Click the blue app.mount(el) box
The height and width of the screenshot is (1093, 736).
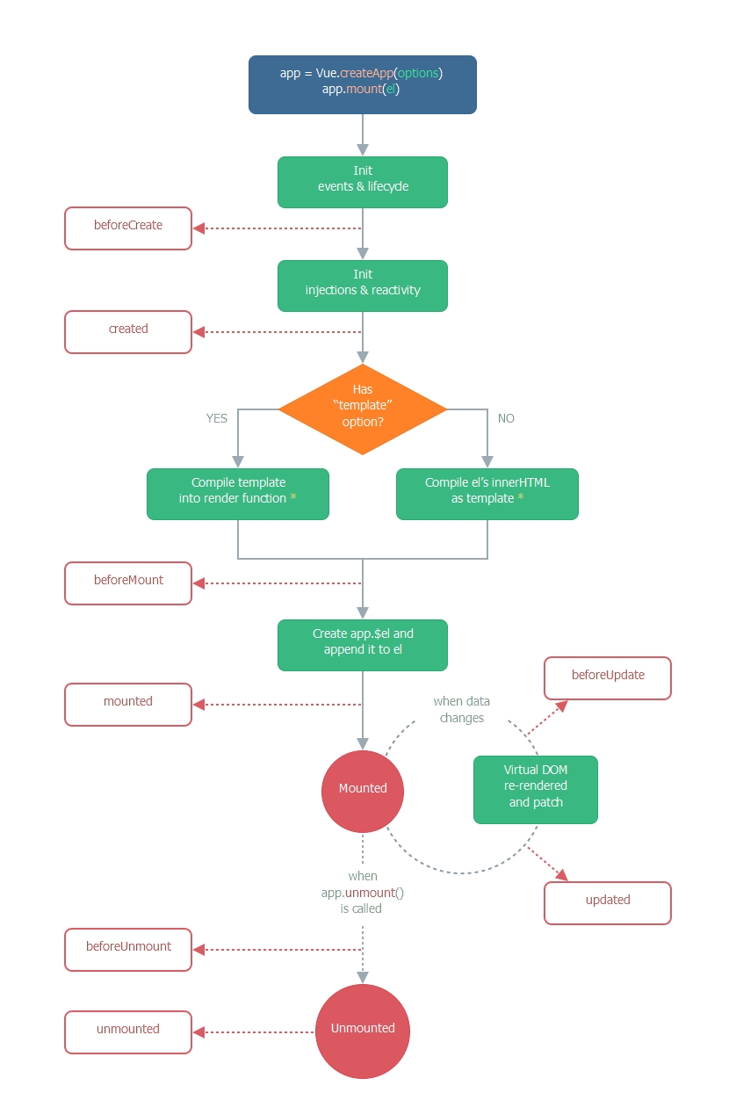point(362,84)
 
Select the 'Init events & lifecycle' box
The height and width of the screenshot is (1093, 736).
point(362,182)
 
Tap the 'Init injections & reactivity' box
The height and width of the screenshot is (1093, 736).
point(362,286)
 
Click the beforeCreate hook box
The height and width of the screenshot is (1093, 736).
point(128,228)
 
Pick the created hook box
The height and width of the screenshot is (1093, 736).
point(128,332)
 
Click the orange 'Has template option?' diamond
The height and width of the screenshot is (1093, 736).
point(362,409)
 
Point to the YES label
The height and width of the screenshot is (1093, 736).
point(217,418)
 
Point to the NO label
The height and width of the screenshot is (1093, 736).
point(506,418)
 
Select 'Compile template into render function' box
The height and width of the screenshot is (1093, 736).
point(238,494)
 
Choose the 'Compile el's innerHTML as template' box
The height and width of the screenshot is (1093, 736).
point(487,494)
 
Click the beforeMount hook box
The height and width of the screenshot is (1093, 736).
point(128,583)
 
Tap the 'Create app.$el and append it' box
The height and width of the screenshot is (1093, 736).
point(362,644)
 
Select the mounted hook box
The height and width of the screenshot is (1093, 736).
point(128,705)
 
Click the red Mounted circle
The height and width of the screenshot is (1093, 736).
point(362,789)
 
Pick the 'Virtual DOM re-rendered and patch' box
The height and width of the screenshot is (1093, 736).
point(535,789)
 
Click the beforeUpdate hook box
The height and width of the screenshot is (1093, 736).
point(608,678)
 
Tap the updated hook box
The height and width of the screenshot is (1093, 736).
point(608,903)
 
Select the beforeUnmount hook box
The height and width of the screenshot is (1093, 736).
point(128,950)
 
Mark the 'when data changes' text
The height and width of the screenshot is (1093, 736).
point(462,710)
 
